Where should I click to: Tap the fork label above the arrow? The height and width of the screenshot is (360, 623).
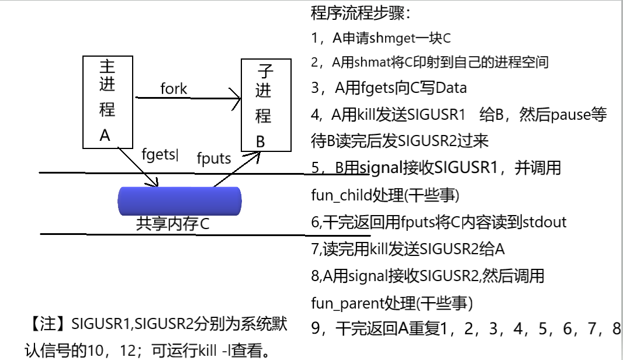174,89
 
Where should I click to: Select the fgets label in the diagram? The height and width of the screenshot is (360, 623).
159,154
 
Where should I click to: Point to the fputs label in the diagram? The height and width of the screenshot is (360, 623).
213,158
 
